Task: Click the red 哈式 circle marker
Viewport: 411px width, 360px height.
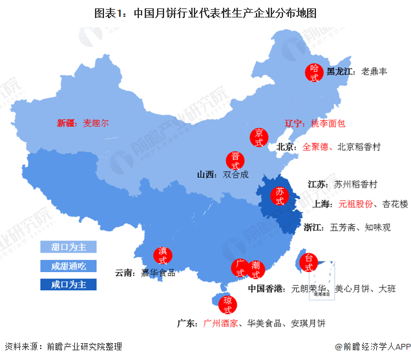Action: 315,72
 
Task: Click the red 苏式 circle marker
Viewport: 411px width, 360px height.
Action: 279,196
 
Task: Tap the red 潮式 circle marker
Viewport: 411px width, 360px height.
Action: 256,270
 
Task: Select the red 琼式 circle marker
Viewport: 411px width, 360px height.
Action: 227,304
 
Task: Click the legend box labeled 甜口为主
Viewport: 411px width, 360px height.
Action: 68,247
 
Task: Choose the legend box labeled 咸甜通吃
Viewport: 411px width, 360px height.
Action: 68,266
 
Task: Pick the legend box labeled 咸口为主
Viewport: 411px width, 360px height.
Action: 68,284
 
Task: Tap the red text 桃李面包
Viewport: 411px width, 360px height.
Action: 328,122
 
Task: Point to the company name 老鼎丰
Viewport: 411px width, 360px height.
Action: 374,72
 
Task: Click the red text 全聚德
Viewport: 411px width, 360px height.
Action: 315,147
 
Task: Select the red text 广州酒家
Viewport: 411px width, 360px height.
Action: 221,323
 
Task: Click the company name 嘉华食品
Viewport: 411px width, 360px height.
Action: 159,273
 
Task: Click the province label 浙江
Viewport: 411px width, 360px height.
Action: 313,228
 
